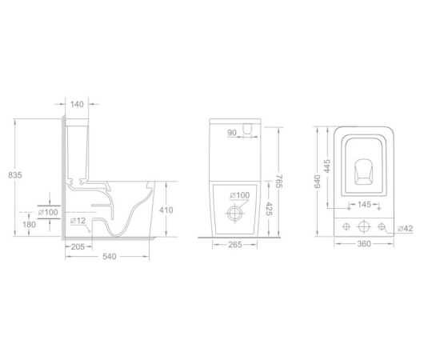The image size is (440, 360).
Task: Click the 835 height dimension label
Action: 15,175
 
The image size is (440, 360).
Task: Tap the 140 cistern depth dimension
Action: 77,104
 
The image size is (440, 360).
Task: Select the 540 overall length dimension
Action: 109,257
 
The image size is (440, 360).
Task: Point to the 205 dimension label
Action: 78,246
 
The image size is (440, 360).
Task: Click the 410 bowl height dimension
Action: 166,210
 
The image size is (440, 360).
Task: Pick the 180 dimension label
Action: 29,225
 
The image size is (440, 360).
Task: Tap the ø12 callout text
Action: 78,221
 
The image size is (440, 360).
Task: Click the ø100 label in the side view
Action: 48,212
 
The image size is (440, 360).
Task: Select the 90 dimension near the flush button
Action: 232,133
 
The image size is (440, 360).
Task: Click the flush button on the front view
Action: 247,129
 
